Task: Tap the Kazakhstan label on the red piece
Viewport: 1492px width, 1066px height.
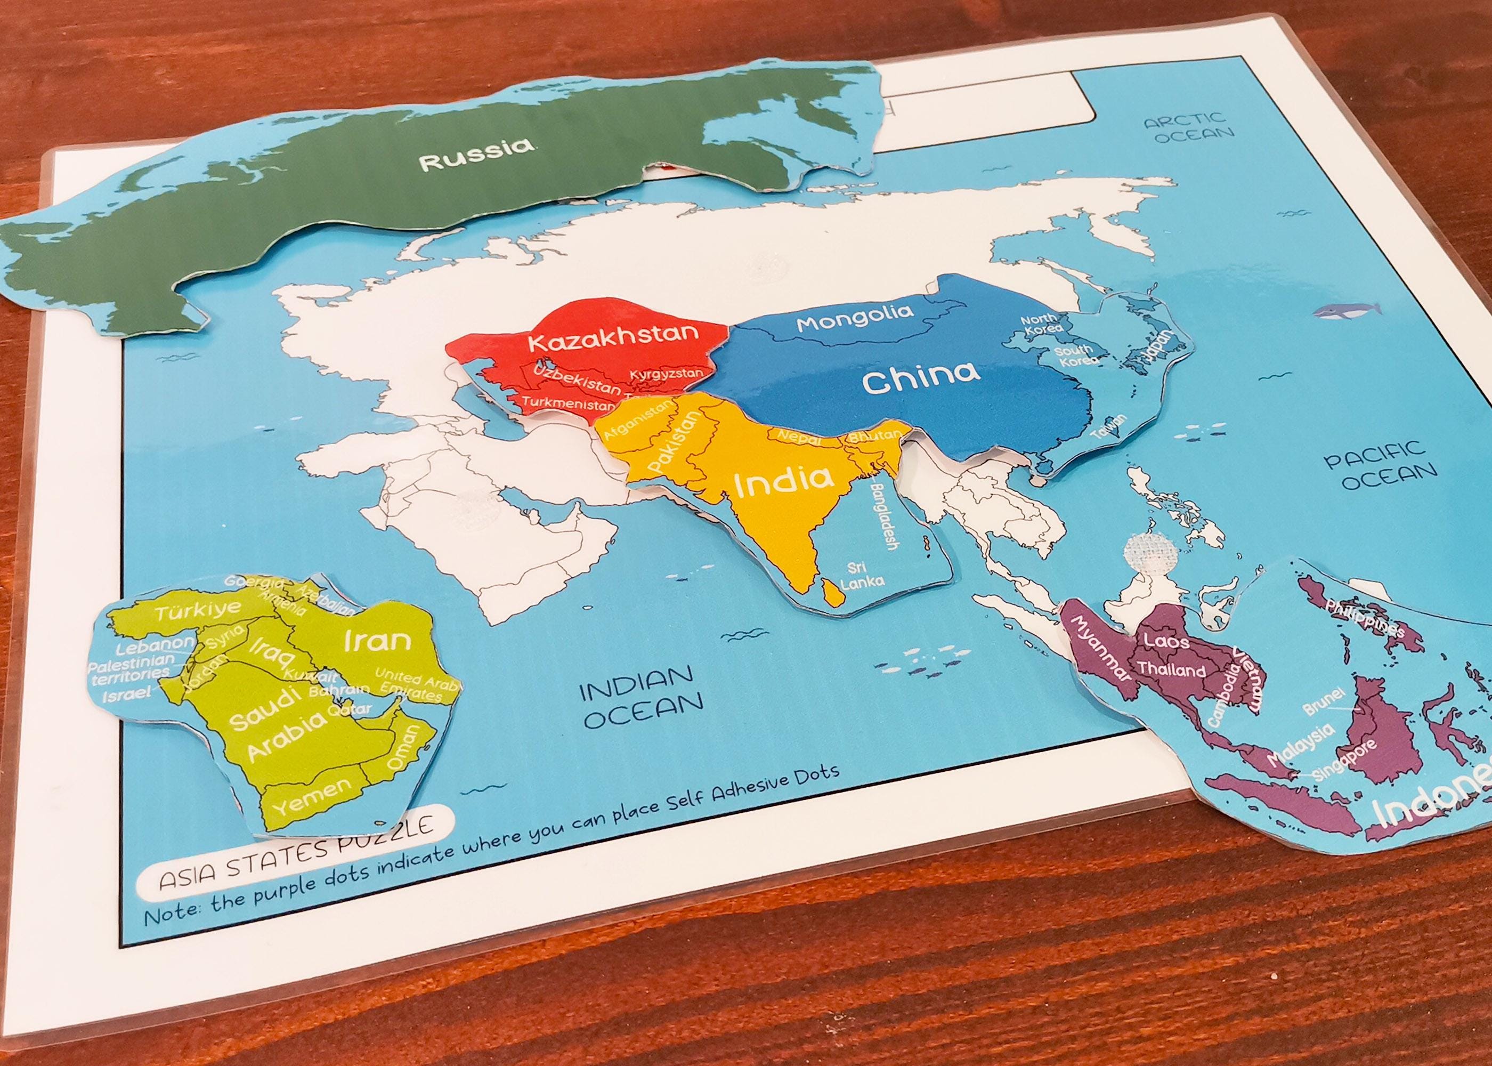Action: pos(613,337)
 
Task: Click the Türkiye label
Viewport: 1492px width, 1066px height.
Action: pos(197,610)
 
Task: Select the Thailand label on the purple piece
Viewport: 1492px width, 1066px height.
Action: pos(1171,669)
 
